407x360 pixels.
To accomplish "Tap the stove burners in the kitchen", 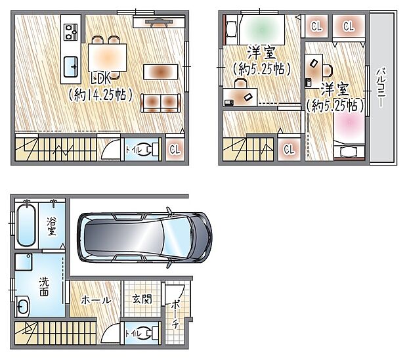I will [70, 30].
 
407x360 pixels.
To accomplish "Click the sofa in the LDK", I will [160, 101].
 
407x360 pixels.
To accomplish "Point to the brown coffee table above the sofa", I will [160, 70].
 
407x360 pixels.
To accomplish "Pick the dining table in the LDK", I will [106, 53].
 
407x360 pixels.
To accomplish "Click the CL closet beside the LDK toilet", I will [175, 149].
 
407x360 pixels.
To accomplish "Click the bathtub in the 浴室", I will [26, 224].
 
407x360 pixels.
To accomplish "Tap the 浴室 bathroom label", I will [51, 226].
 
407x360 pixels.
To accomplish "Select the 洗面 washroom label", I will [44, 286].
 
